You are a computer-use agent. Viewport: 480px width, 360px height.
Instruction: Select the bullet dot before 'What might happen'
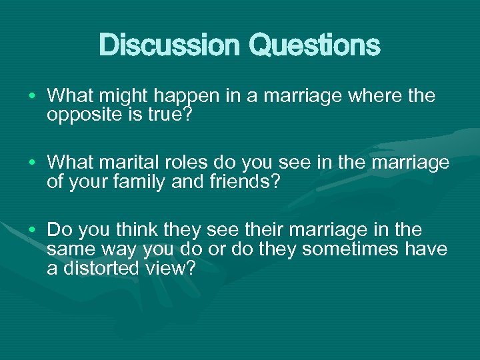[x=32, y=97]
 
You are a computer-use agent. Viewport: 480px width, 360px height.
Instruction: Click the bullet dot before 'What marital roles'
[x=32, y=163]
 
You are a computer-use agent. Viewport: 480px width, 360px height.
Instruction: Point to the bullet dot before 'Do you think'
[x=32, y=230]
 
